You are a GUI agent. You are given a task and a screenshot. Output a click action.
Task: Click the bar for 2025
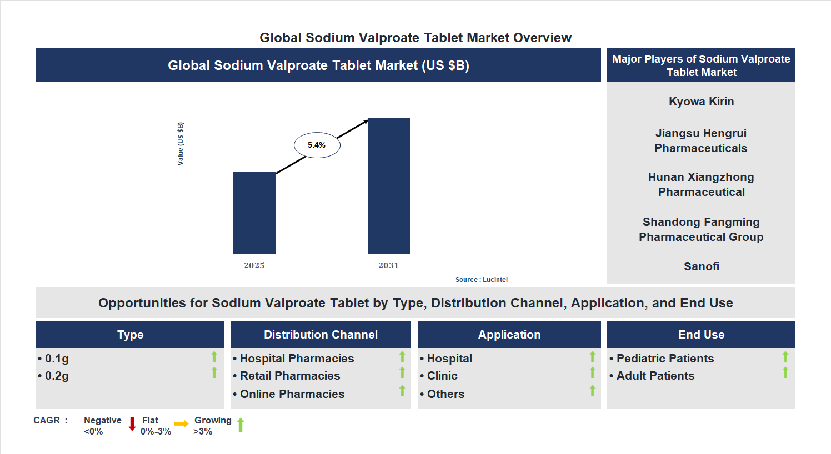pos(254,213)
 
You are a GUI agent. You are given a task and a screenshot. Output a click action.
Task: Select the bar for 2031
pos(389,186)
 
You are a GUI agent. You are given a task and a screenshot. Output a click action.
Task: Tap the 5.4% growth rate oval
pos(317,145)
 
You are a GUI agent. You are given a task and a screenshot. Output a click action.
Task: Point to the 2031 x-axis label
pos(389,265)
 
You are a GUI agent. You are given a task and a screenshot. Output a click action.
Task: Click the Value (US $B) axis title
pos(181,144)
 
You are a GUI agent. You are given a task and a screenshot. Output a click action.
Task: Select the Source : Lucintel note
pos(481,280)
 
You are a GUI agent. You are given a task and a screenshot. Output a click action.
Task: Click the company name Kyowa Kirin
pos(701,102)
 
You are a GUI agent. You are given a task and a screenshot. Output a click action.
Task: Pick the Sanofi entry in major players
pos(701,266)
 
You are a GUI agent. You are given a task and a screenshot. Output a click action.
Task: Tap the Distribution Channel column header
pos(321,335)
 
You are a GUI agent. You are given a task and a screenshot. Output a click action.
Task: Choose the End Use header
pos(701,335)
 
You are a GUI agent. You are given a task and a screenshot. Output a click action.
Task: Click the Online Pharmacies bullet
pos(292,394)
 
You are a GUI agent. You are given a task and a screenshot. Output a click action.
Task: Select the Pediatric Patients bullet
pos(665,359)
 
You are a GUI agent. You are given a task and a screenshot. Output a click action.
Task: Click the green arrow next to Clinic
pos(593,372)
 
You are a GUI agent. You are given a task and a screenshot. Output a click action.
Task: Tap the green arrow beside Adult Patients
pos(785,372)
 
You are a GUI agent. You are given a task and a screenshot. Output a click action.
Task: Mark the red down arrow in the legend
pos(132,424)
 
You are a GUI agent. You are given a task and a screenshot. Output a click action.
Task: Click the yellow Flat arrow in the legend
pos(181,424)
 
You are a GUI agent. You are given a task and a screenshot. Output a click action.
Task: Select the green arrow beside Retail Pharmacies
pos(402,372)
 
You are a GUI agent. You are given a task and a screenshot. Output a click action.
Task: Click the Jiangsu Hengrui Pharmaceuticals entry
pos(701,141)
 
